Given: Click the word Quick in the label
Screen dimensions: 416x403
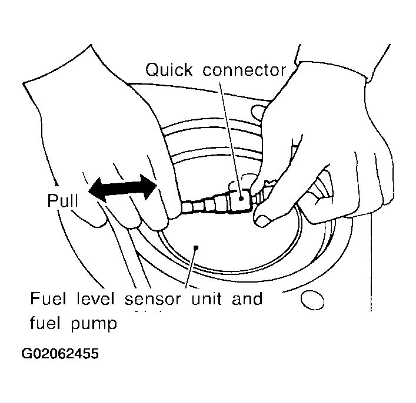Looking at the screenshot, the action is [169, 70].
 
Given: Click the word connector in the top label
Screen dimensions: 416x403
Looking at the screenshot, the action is [244, 70].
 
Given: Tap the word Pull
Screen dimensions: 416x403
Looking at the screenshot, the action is [62, 200].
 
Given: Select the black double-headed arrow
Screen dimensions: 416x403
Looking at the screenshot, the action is [122, 189].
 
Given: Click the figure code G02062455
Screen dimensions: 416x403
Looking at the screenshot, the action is [60, 354].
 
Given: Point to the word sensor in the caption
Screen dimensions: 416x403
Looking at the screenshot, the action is [153, 300].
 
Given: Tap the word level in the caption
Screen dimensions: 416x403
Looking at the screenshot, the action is [95, 298].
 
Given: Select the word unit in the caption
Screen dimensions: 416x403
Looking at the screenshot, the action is [207, 298].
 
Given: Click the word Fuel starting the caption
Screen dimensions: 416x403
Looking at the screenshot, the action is [48, 298].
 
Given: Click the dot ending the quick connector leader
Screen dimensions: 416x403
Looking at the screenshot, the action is [241, 198].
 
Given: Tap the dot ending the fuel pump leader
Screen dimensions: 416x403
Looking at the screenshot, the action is [196, 248].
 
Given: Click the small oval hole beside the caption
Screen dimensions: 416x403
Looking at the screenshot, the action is [312, 300].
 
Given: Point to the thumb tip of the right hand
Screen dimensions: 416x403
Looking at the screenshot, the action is [261, 220].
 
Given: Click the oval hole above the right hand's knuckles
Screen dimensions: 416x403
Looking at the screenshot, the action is [258, 112].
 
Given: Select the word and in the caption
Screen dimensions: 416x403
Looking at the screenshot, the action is [247, 298].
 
